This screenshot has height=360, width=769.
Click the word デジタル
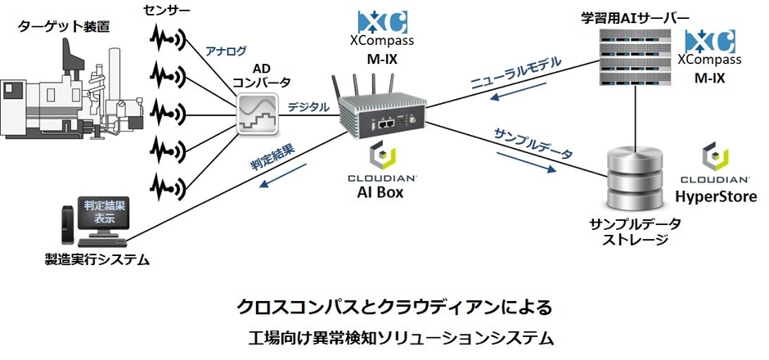tap(308, 106)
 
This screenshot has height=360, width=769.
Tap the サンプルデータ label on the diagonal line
tap(533, 142)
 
